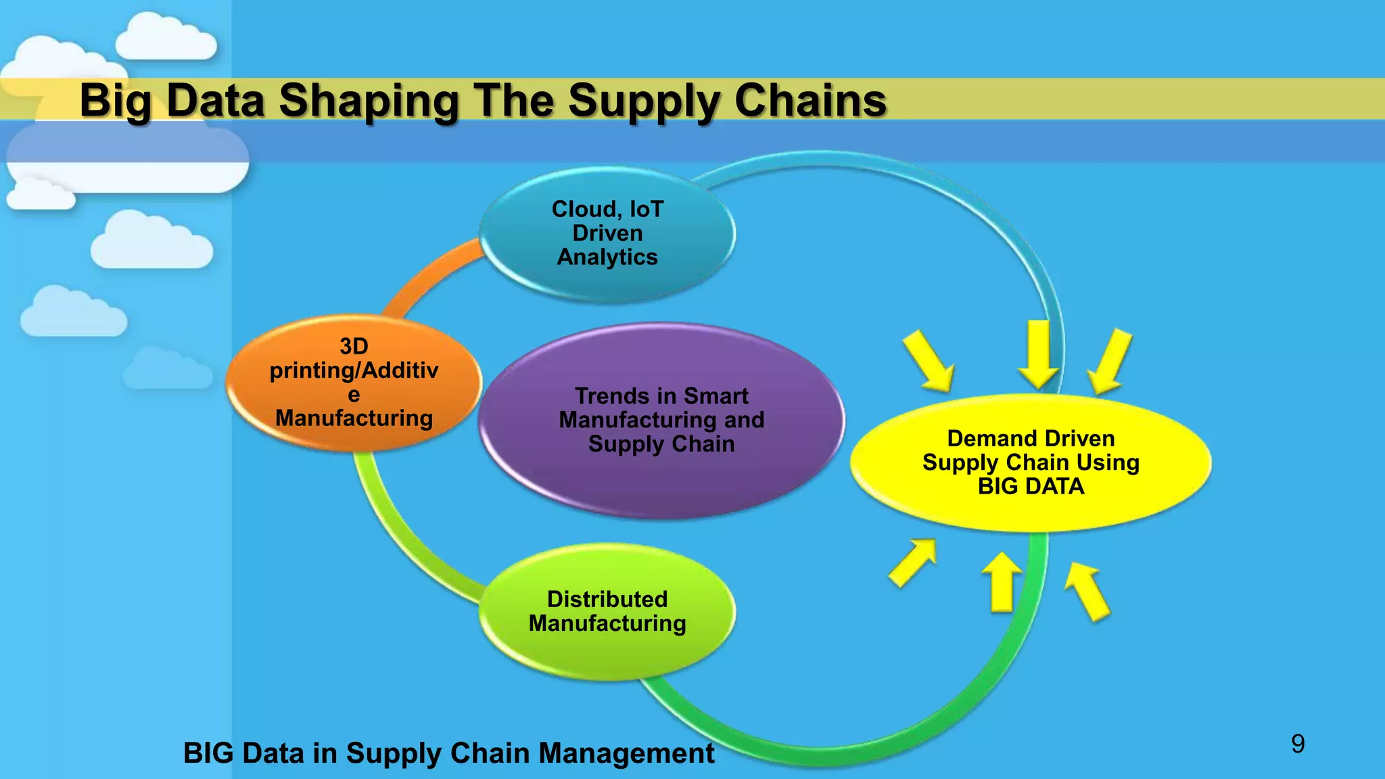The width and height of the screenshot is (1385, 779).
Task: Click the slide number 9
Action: pos(1297,744)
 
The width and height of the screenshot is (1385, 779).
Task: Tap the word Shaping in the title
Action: pos(369,101)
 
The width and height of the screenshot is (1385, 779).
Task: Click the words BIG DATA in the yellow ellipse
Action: pos(1031,486)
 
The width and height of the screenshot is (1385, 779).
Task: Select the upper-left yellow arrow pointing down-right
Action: pos(929,361)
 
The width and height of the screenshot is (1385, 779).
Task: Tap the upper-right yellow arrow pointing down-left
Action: pos(1110,361)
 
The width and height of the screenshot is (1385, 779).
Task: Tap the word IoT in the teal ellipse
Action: pos(647,209)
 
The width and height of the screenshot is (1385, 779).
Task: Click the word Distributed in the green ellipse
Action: pos(607,599)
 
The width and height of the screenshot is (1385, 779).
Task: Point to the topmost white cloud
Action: pos(166,39)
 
